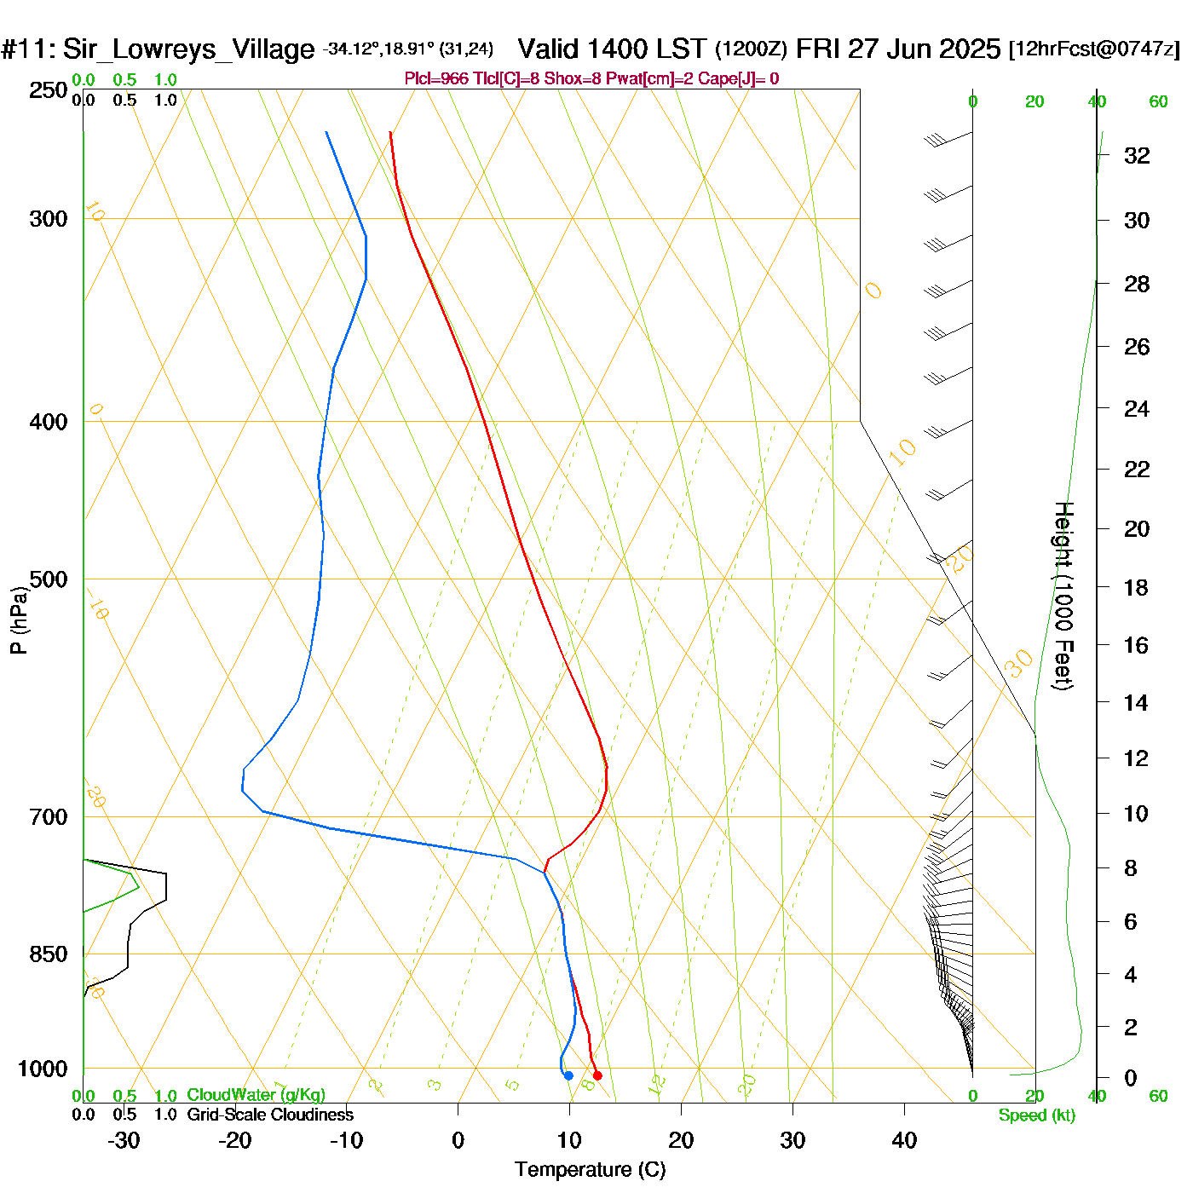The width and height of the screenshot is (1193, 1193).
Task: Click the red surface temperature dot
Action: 597,1075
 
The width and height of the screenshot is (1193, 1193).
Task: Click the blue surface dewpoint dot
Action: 568,1075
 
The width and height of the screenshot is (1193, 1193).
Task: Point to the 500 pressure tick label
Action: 49,579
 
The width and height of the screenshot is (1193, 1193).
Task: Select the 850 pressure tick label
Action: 49,954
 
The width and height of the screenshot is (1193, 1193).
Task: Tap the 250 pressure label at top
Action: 49,90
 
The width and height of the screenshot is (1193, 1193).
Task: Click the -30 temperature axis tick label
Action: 124,1140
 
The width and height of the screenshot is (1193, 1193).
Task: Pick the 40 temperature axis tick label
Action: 904,1140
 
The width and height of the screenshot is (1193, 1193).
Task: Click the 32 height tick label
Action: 1137,155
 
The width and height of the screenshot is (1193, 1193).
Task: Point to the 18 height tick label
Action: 1136,587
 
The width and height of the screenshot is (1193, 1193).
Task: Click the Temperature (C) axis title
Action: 590,1170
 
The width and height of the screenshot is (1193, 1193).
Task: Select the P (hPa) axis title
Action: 19,620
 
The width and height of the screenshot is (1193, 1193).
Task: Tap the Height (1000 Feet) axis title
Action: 1063,596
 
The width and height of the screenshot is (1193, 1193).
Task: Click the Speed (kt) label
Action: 1037,1115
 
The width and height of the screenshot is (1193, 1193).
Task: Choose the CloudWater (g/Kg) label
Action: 256,1095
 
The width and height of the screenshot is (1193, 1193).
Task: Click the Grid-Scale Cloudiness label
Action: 270,1115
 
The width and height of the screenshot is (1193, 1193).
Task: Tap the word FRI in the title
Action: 818,49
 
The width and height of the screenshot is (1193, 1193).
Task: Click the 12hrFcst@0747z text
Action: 1094,49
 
